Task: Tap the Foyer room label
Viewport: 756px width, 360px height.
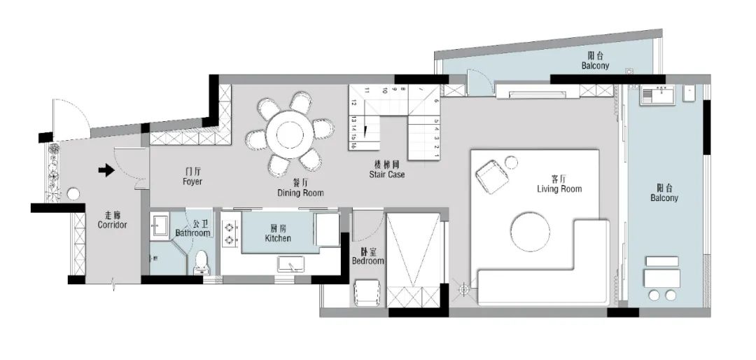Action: pos(192,176)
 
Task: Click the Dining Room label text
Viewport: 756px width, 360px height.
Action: pos(300,187)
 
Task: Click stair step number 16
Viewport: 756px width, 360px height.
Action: pos(355,146)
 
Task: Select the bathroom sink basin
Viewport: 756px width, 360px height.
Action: pos(160,226)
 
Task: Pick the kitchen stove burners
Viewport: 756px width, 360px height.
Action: pos(228,234)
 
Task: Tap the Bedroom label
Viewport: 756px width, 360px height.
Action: pos(367,256)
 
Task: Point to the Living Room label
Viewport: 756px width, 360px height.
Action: pos(559,184)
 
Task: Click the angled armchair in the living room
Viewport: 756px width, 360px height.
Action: pos(493,175)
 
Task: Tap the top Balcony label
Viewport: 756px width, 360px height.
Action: pos(595,62)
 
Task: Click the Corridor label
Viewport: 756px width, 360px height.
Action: pos(112,220)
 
